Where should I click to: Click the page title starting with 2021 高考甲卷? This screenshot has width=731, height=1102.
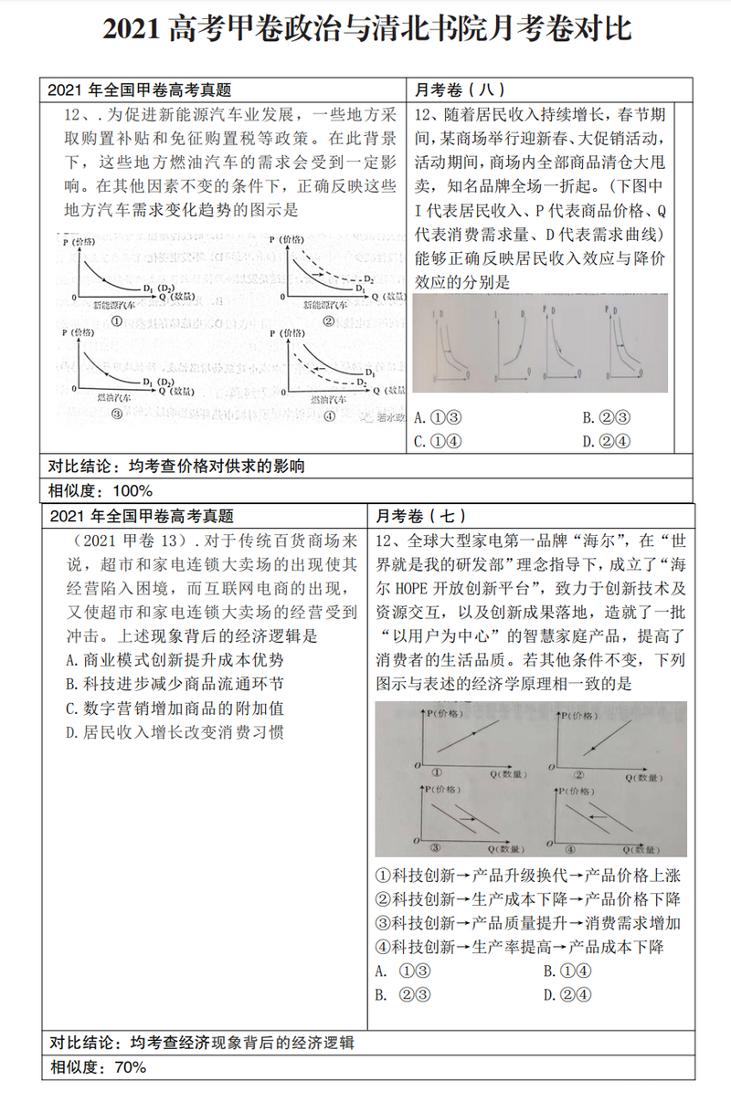pos(365,28)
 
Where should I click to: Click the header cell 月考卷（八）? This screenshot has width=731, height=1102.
pos(460,89)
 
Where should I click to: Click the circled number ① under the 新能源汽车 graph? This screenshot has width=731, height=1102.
pos(117,321)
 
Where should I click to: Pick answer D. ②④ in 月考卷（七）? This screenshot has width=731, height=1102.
pos(567,994)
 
